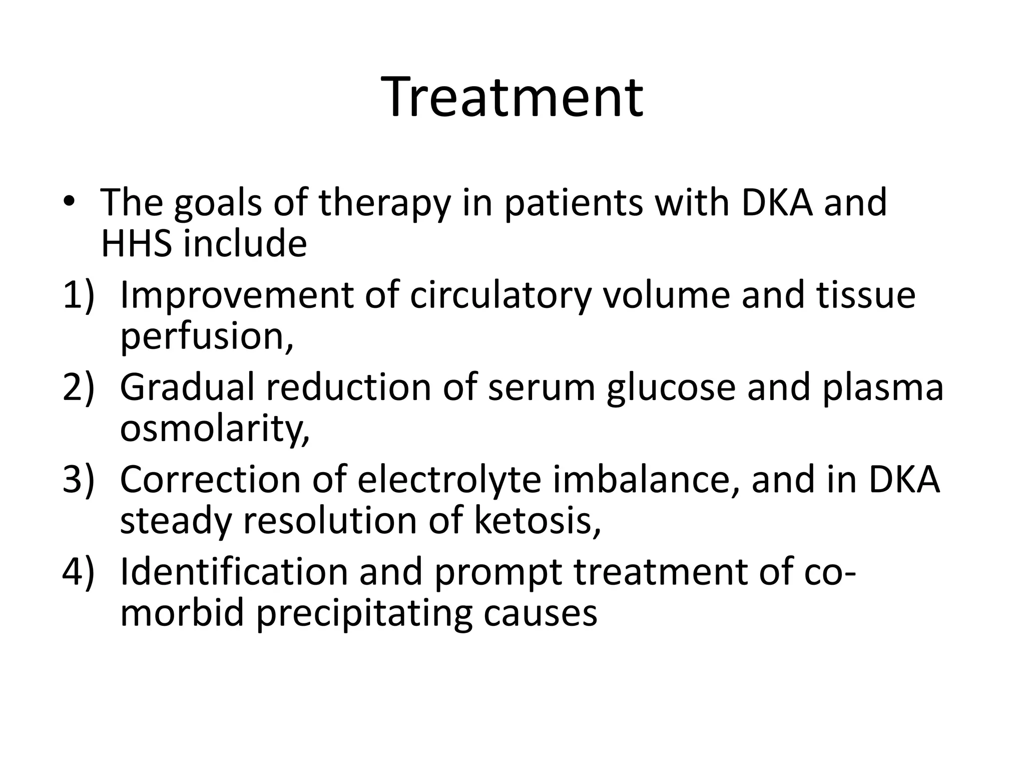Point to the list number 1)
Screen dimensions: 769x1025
(x=79, y=295)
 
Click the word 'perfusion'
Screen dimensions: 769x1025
(x=203, y=335)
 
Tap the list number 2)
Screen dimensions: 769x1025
(x=79, y=388)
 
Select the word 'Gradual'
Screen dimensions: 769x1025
(x=187, y=388)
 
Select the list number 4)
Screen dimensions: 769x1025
(x=79, y=572)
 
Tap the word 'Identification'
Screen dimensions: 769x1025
(x=234, y=572)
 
